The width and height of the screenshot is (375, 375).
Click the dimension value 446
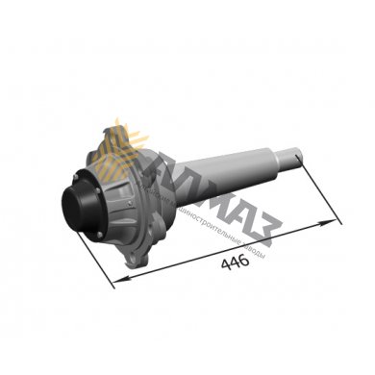(x=236, y=260)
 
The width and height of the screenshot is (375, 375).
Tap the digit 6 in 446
(x=244, y=260)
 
